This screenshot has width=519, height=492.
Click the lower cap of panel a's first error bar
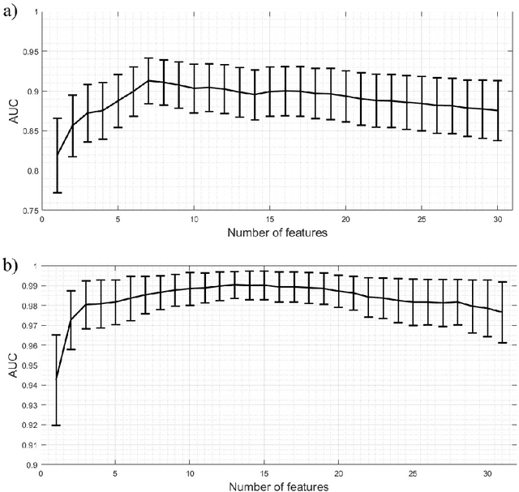[58, 192]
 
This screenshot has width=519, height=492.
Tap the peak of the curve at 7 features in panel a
[148, 80]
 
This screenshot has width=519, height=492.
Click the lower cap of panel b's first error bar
[56, 425]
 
